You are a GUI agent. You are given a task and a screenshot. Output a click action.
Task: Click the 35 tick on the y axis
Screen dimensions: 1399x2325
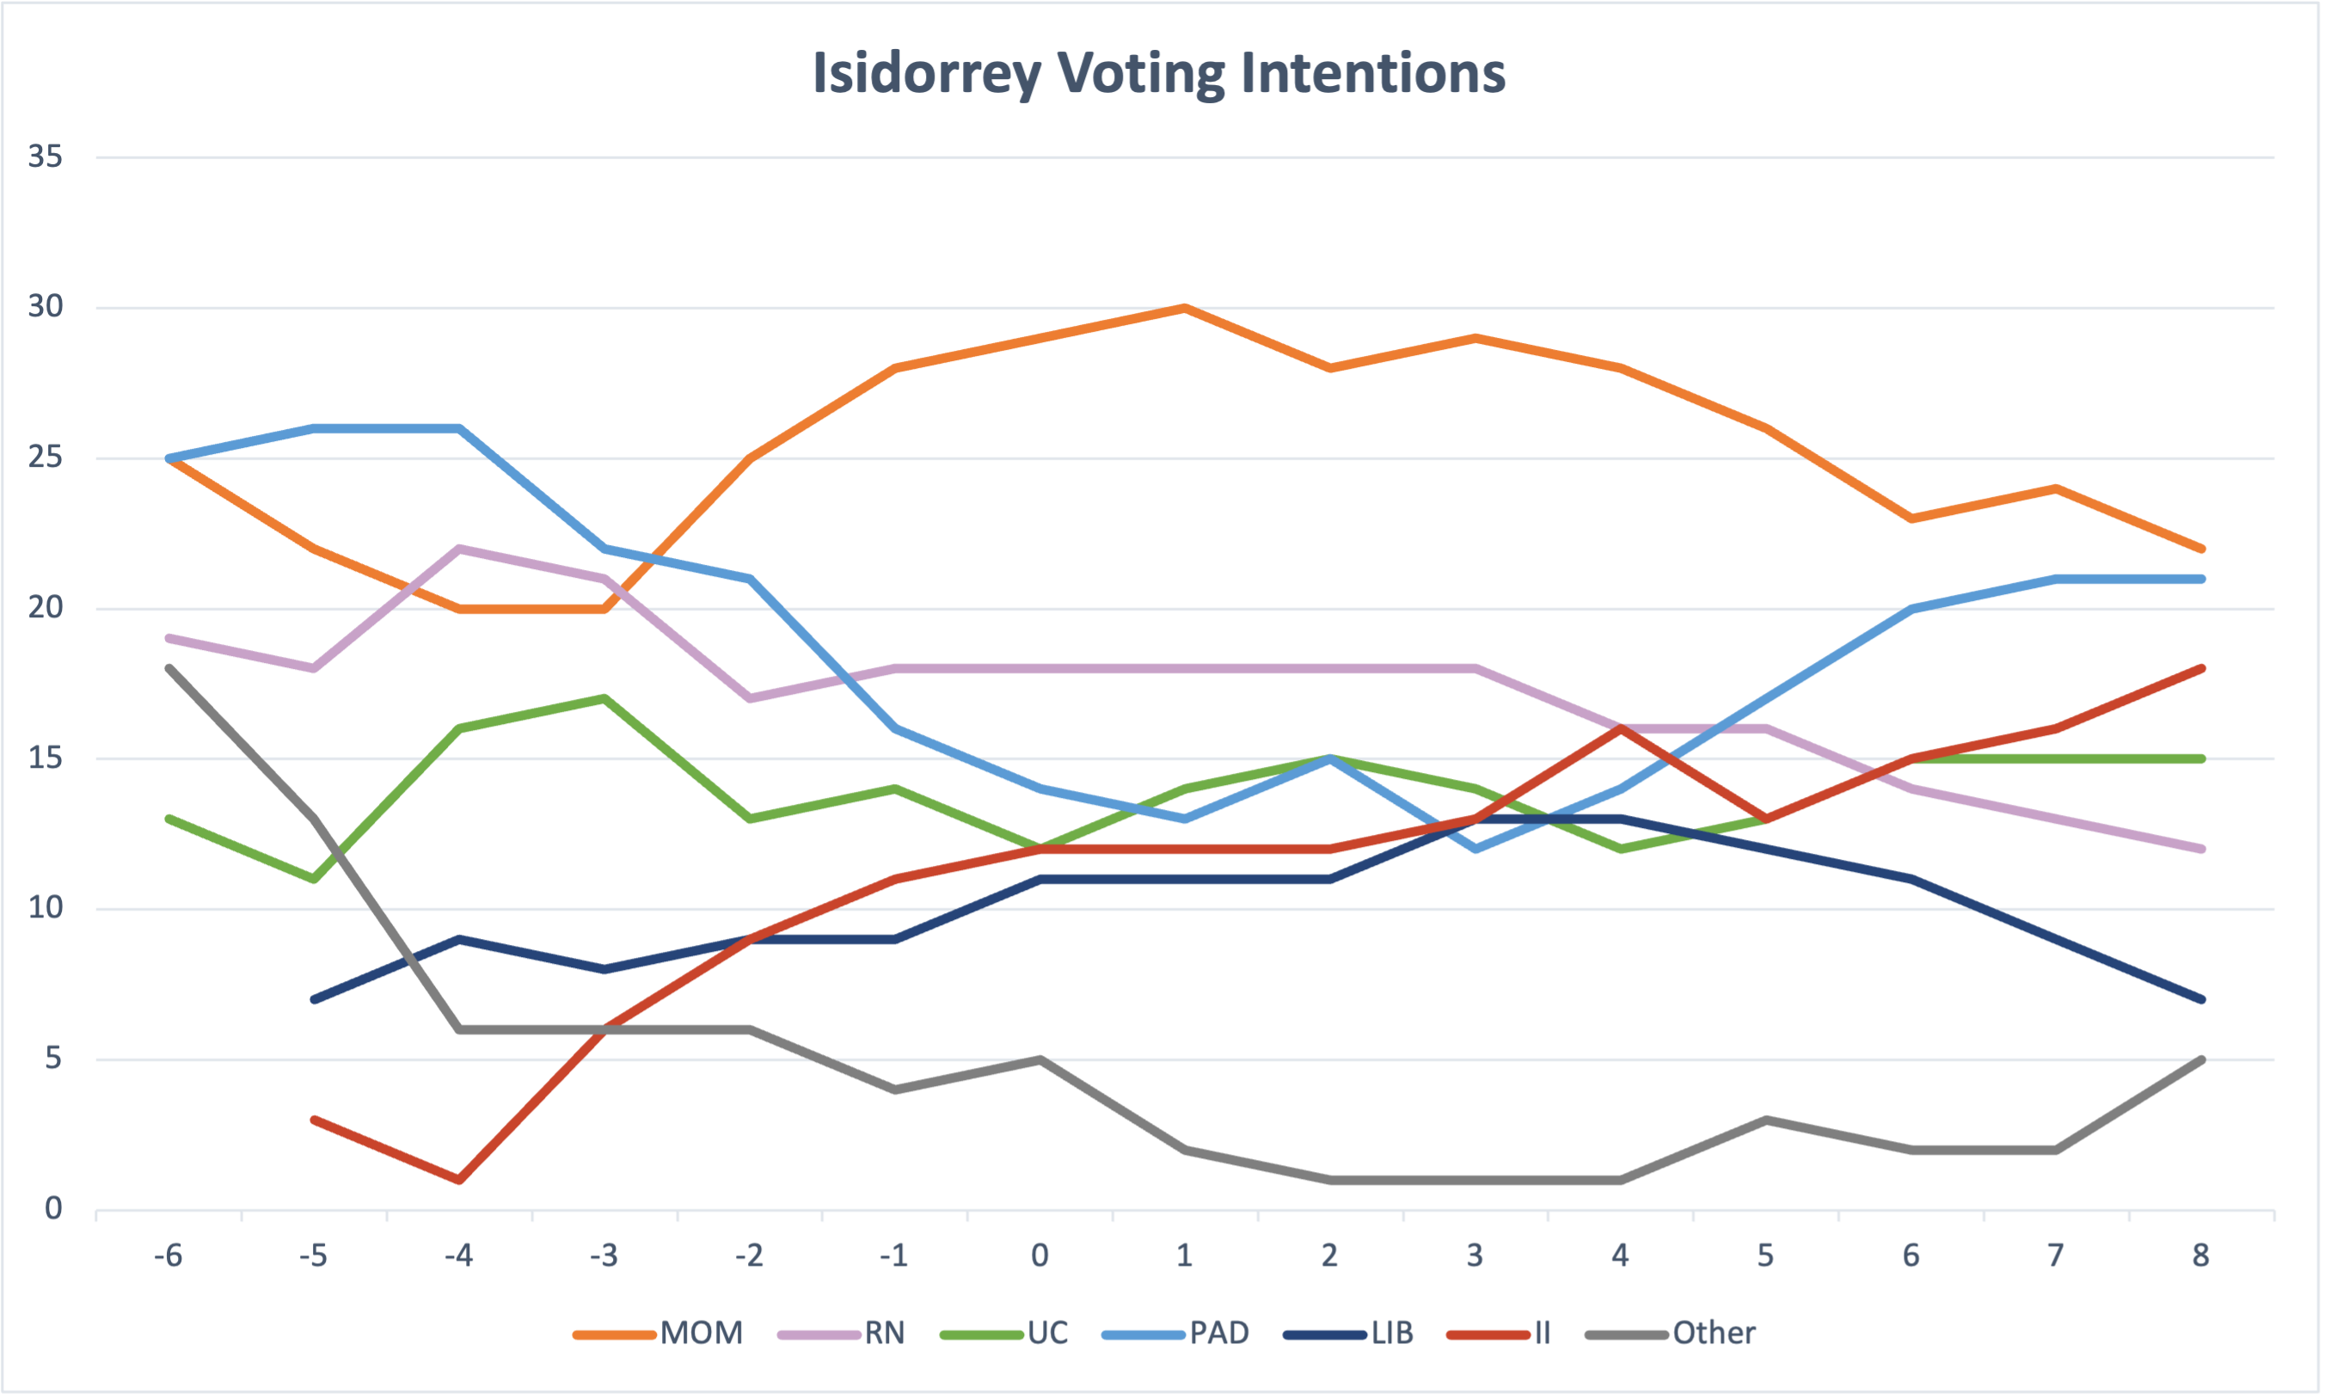click(46, 156)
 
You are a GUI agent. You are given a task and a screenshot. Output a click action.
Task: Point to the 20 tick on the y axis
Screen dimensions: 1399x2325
click(46, 608)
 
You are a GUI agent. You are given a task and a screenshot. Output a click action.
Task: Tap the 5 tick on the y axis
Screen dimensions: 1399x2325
click(52, 1058)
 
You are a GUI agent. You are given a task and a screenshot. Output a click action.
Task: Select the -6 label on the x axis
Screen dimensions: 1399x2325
click(168, 1255)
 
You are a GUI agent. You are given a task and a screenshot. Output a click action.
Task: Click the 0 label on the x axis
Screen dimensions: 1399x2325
click(1040, 1255)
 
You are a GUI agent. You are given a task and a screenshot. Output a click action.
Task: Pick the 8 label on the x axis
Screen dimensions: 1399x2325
click(2200, 1255)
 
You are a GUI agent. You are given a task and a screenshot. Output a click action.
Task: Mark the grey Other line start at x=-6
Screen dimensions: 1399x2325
click(169, 668)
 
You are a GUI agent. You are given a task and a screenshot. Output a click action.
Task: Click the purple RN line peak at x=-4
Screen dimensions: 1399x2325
click(459, 548)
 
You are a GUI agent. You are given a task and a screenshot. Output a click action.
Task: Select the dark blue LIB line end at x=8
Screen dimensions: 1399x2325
click(2200, 999)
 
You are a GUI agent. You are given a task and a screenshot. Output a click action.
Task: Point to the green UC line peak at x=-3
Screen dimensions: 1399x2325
click(604, 698)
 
